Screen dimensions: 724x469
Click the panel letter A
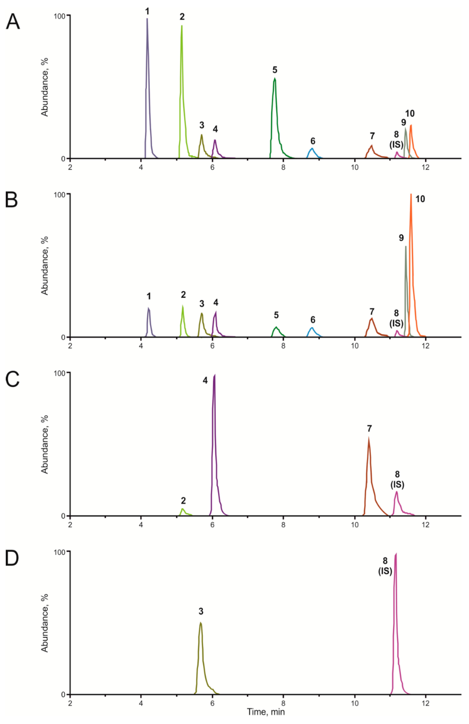(13, 22)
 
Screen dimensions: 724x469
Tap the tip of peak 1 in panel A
(147, 19)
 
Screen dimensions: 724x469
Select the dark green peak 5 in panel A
(275, 80)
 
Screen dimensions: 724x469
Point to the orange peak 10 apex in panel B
(411, 195)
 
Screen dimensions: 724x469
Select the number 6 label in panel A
(313, 141)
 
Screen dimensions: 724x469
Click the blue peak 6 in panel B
(312, 329)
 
